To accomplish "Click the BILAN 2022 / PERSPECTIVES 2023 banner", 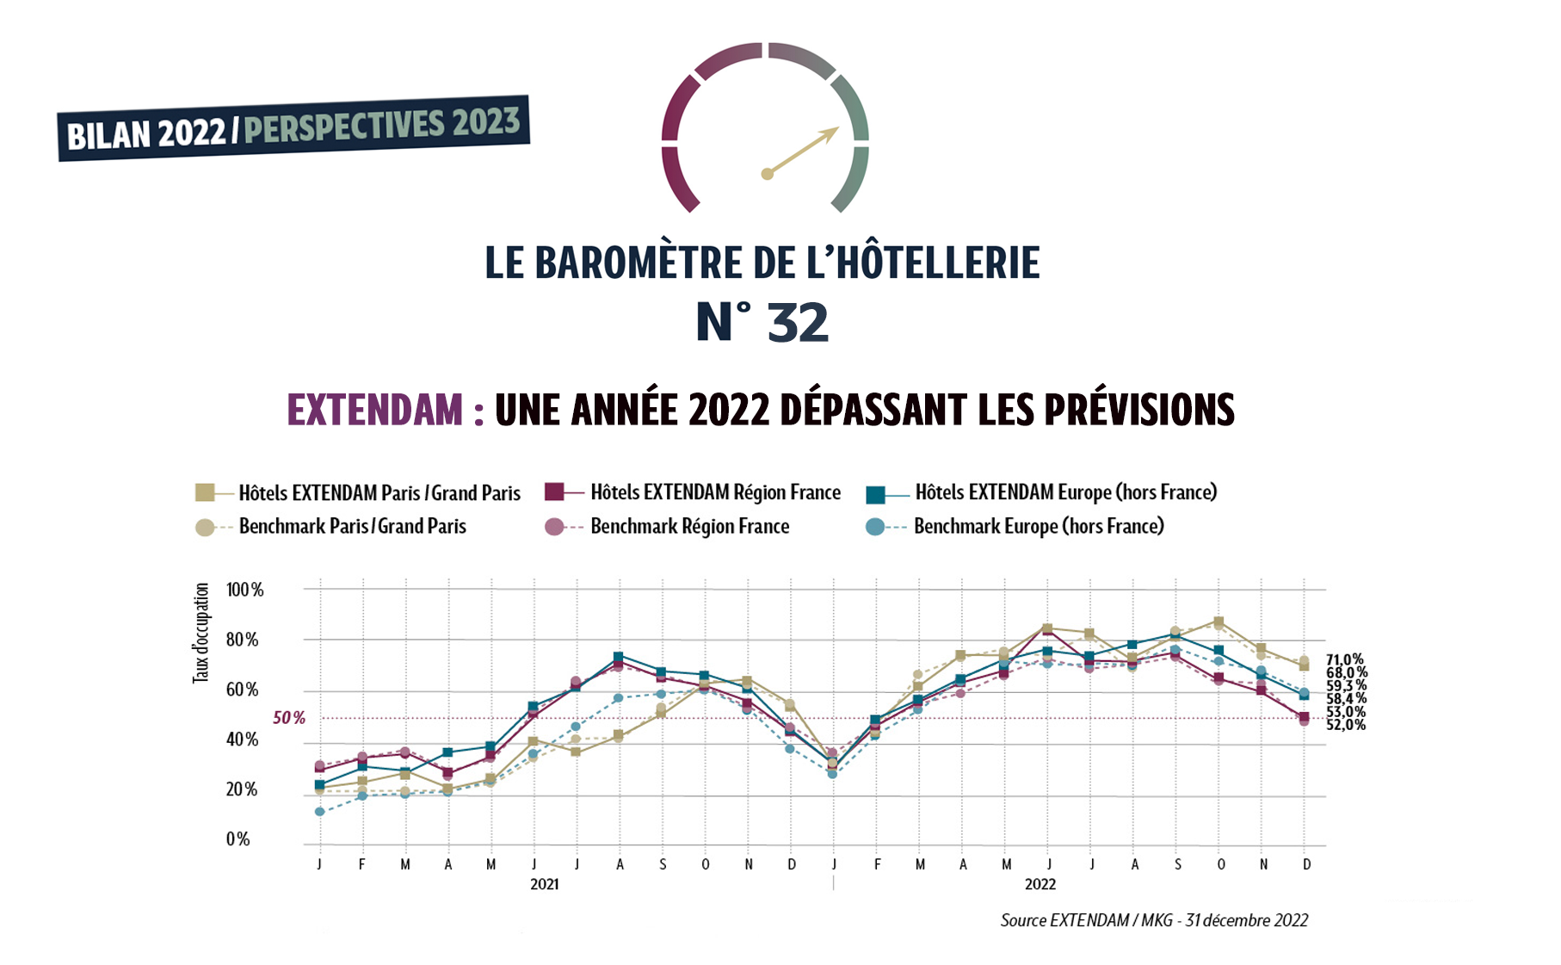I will [293, 128].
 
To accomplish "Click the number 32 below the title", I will [797, 323].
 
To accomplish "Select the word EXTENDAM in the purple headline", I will [374, 410].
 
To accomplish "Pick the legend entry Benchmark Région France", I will [688, 526].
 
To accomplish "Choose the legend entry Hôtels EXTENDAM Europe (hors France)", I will [1065, 492].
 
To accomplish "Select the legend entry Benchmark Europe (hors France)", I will [1038, 526].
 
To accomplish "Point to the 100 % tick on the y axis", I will [244, 590].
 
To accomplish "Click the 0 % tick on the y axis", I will [238, 839].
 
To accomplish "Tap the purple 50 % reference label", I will [289, 718].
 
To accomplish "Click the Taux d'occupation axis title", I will [201, 633].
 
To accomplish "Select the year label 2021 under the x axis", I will [544, 884].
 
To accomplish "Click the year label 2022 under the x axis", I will [1040, 884].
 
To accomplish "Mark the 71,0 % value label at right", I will [1344, 659].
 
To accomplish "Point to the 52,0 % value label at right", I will [1345, 725].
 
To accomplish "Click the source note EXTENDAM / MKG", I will [1153, 920].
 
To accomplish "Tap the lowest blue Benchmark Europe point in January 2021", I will [320, 812].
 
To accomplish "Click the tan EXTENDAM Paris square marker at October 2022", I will [1219, 622].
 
